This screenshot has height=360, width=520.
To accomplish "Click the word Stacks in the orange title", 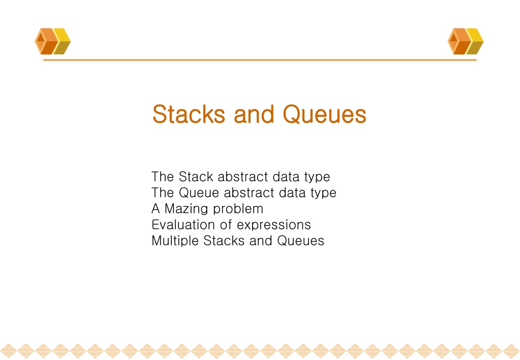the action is pos(189,114).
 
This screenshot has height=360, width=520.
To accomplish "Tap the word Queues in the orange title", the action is pos(324,114).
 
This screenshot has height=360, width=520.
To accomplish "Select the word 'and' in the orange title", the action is pos(254,114).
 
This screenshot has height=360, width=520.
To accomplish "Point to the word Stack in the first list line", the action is pos(196,176).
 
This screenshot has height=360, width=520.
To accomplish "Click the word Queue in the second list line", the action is pos(199,192).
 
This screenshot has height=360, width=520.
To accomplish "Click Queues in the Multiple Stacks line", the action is pos(300,241).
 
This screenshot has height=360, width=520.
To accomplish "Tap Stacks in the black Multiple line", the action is pos(224,241).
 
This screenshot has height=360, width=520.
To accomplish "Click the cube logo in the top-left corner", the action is pos(53,41).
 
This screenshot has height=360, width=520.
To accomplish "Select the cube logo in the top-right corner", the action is pos(466,41).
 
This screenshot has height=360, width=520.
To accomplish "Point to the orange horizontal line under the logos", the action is pos(260,60).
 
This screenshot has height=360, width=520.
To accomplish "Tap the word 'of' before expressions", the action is pos(226,225).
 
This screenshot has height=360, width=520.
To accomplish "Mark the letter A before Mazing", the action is pos(156,208).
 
